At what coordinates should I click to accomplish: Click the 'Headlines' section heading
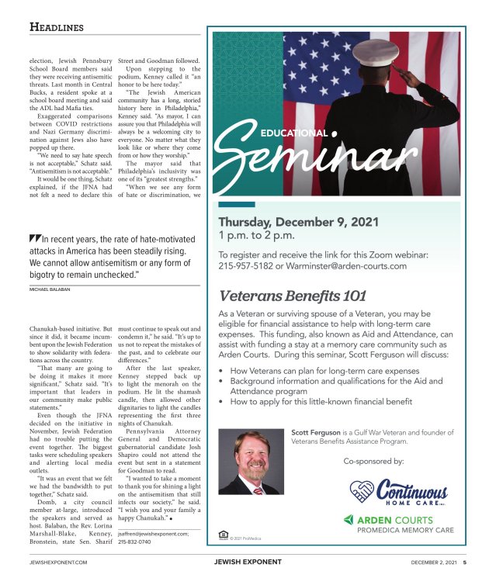pyautogui.click(x=56, y=26)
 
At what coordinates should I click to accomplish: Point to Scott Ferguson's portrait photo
pyautogui.click(x=250, y=462)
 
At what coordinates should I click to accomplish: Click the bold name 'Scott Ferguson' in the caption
pyautogui.click(x=317, y=432)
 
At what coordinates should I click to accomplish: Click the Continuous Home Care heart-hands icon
pyautogui.click(x=362, y=491)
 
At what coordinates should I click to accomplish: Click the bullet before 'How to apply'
pyautogui.click(x=223, y=402)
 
